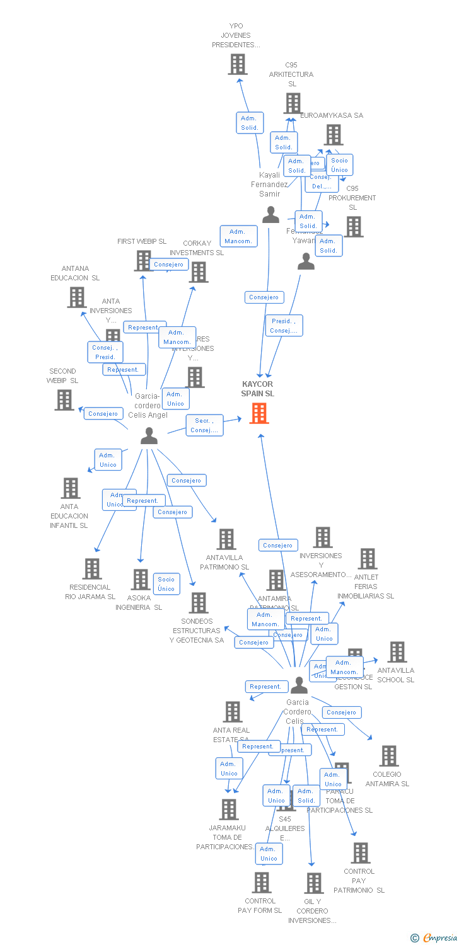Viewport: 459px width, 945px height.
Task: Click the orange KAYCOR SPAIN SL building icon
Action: (259, 413)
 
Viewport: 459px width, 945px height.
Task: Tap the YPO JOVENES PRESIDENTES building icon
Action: (238, 64)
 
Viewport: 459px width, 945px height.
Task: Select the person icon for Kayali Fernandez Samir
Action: (270, 215)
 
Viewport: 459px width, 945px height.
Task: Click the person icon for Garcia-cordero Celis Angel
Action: (149, 435)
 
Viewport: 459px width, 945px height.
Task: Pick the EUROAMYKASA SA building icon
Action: (334, 135)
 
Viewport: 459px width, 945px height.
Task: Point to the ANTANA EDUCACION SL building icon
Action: (76, 297)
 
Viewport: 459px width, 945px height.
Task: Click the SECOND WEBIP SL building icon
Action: (64, 399)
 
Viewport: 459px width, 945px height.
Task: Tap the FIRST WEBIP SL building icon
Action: (143, 260)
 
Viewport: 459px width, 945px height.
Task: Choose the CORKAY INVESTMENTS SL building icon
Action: (199, 272)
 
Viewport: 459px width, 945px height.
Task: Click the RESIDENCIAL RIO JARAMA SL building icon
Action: (92, 569)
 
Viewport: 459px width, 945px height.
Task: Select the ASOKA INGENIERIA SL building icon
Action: (140, 580)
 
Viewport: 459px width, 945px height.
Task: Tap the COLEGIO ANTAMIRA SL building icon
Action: (389, 756)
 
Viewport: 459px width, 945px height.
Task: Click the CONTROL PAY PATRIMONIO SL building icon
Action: (360, 853)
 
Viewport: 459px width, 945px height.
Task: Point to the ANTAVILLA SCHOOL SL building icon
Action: (397, 652)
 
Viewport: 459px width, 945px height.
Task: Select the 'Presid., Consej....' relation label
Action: (284, 326)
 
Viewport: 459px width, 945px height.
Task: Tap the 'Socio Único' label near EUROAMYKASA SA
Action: (339, 165)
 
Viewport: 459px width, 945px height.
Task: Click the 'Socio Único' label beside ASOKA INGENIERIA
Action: (166, 584)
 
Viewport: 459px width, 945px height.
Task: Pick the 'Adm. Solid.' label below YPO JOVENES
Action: (250, 123)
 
